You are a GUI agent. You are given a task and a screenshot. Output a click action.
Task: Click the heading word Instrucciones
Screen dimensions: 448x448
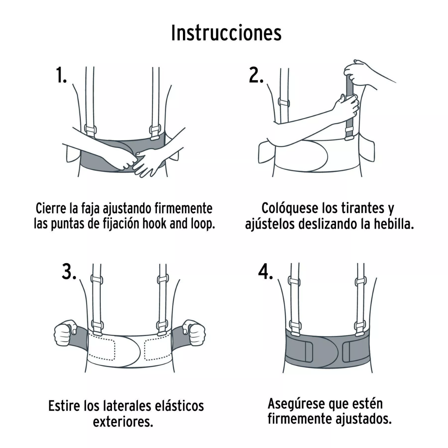(226, 34)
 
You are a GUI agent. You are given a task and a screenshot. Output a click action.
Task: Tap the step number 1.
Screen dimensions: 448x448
(61, 76)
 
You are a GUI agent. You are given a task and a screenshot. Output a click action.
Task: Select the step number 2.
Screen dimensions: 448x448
(256, 76)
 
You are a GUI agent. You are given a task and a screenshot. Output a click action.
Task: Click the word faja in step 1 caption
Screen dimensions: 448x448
(91, 208)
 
